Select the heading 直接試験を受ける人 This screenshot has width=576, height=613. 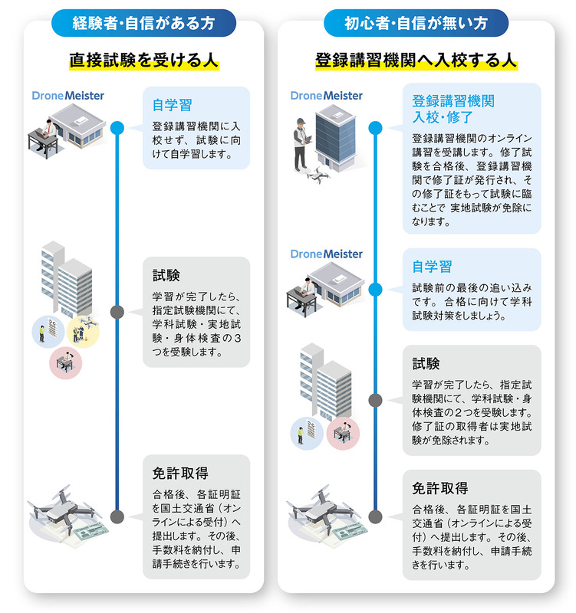pos(143,61)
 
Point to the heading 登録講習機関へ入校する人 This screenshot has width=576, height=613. pos(416,61)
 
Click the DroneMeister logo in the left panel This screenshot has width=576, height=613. pos(68,96)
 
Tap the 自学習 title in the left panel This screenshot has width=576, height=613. pos(173,105)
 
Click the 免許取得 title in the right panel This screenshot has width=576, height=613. pos(440,488)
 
